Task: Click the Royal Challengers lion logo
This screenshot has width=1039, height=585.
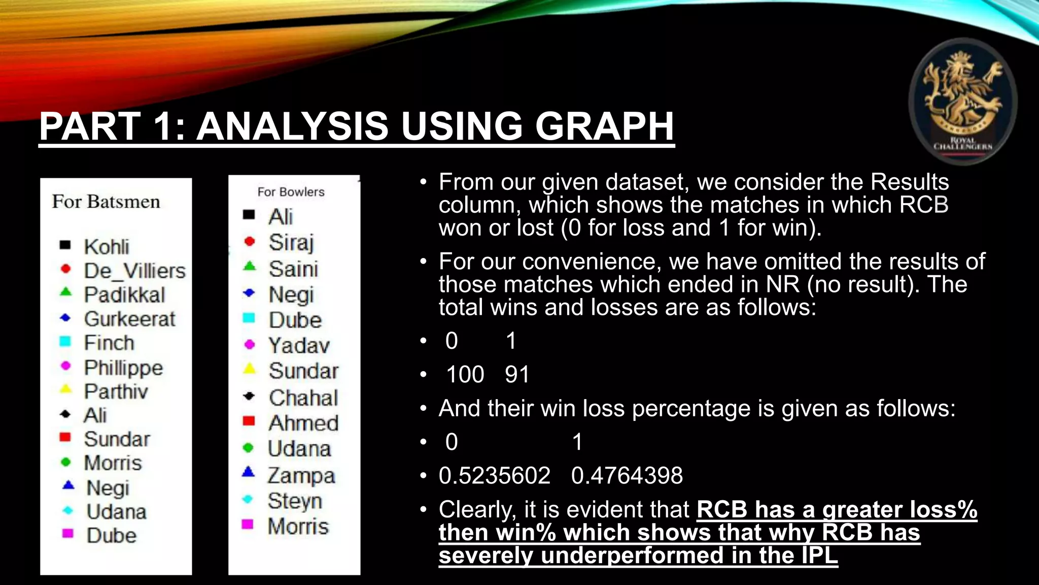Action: click(962, 101)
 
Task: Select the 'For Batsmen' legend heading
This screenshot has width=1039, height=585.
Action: click(106, 202)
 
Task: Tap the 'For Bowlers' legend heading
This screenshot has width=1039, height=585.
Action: click(291, 192)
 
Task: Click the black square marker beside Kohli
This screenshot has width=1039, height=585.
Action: click(65, 245)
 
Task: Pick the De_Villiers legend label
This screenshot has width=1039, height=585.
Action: click(135, 271)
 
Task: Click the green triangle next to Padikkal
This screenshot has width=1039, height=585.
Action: click(65, 292)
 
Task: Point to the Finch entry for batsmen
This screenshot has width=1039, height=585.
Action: click(109, 343)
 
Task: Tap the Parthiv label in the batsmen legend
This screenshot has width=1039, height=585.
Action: click(116, 391)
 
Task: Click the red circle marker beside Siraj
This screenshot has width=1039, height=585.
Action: click(249, 241)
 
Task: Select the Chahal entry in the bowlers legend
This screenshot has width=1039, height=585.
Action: click(303, 398)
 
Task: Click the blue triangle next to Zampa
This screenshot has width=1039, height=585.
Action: click(248, 472)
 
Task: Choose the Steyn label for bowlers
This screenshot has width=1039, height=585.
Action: click(295, 501)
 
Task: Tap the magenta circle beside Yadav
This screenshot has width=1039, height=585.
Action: click(249, 344)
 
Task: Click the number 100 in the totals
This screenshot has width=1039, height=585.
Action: click(465, 375)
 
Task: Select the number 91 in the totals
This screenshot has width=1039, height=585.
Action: click(517, 375)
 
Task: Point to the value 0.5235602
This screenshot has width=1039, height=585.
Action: click(495, 476)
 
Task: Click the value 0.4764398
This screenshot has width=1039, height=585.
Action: click(627, 476)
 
